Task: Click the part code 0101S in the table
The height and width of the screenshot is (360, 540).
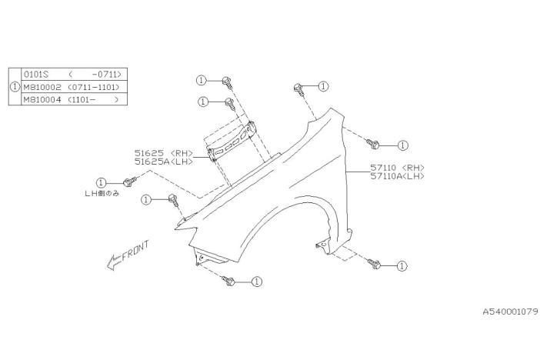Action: click(36, 74)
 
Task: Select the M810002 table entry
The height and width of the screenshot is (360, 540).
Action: click(42, 87)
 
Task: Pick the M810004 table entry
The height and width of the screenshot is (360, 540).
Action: click(42, 99)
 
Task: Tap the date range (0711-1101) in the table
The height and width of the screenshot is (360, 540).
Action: click(94, 87)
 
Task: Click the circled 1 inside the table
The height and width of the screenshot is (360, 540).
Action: click(15, 87)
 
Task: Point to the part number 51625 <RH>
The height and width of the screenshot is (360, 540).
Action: click(164, 153)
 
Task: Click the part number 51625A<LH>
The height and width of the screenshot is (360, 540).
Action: click(164, 162)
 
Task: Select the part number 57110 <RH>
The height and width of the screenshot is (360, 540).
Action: click(397, 168)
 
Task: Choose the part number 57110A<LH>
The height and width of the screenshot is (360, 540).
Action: click(397, 176)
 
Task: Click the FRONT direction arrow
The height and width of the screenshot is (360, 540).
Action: click(115, 262)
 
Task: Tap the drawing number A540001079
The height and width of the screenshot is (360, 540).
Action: click(510, 312)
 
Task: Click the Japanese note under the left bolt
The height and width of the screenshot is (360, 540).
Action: click(102, 194)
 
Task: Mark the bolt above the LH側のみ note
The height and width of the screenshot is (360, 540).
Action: click(129, 182)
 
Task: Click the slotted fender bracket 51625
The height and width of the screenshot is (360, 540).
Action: click(232, 142)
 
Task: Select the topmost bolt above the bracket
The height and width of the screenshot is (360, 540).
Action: click(227, 82)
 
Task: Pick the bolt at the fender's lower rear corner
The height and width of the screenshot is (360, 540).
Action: click(374, 265)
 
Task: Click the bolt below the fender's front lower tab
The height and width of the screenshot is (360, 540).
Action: click(228, 281)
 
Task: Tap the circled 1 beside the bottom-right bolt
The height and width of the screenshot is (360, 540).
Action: click(402, 266)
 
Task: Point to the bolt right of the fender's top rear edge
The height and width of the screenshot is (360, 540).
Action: click(372, 144)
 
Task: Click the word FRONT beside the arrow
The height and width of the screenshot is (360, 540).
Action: click(135, 250)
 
